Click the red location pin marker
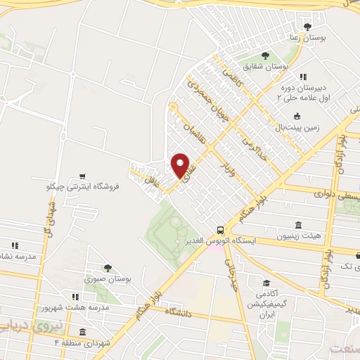pyautogui.click(x=181, y=166)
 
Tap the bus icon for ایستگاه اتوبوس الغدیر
pyautogui.click(x=221, y=230)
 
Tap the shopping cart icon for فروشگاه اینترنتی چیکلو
pyautogui.click(x=84, y=176)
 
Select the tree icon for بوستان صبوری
pyautogui.click(x=107, y=268)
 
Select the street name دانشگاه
pyautogui.click(x=179, y=311)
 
